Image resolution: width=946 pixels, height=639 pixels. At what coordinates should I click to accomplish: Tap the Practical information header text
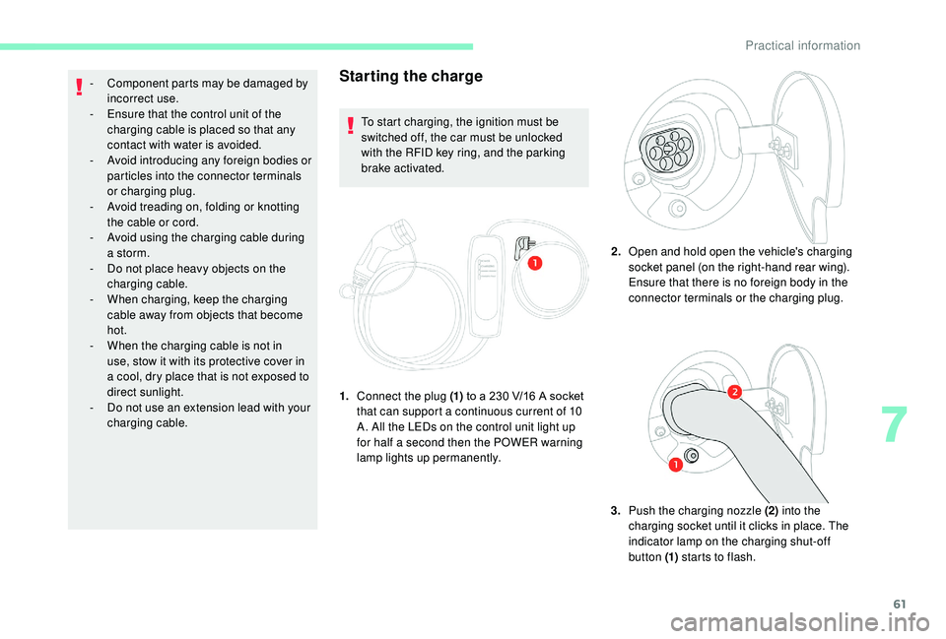click(x=802, y=45)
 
